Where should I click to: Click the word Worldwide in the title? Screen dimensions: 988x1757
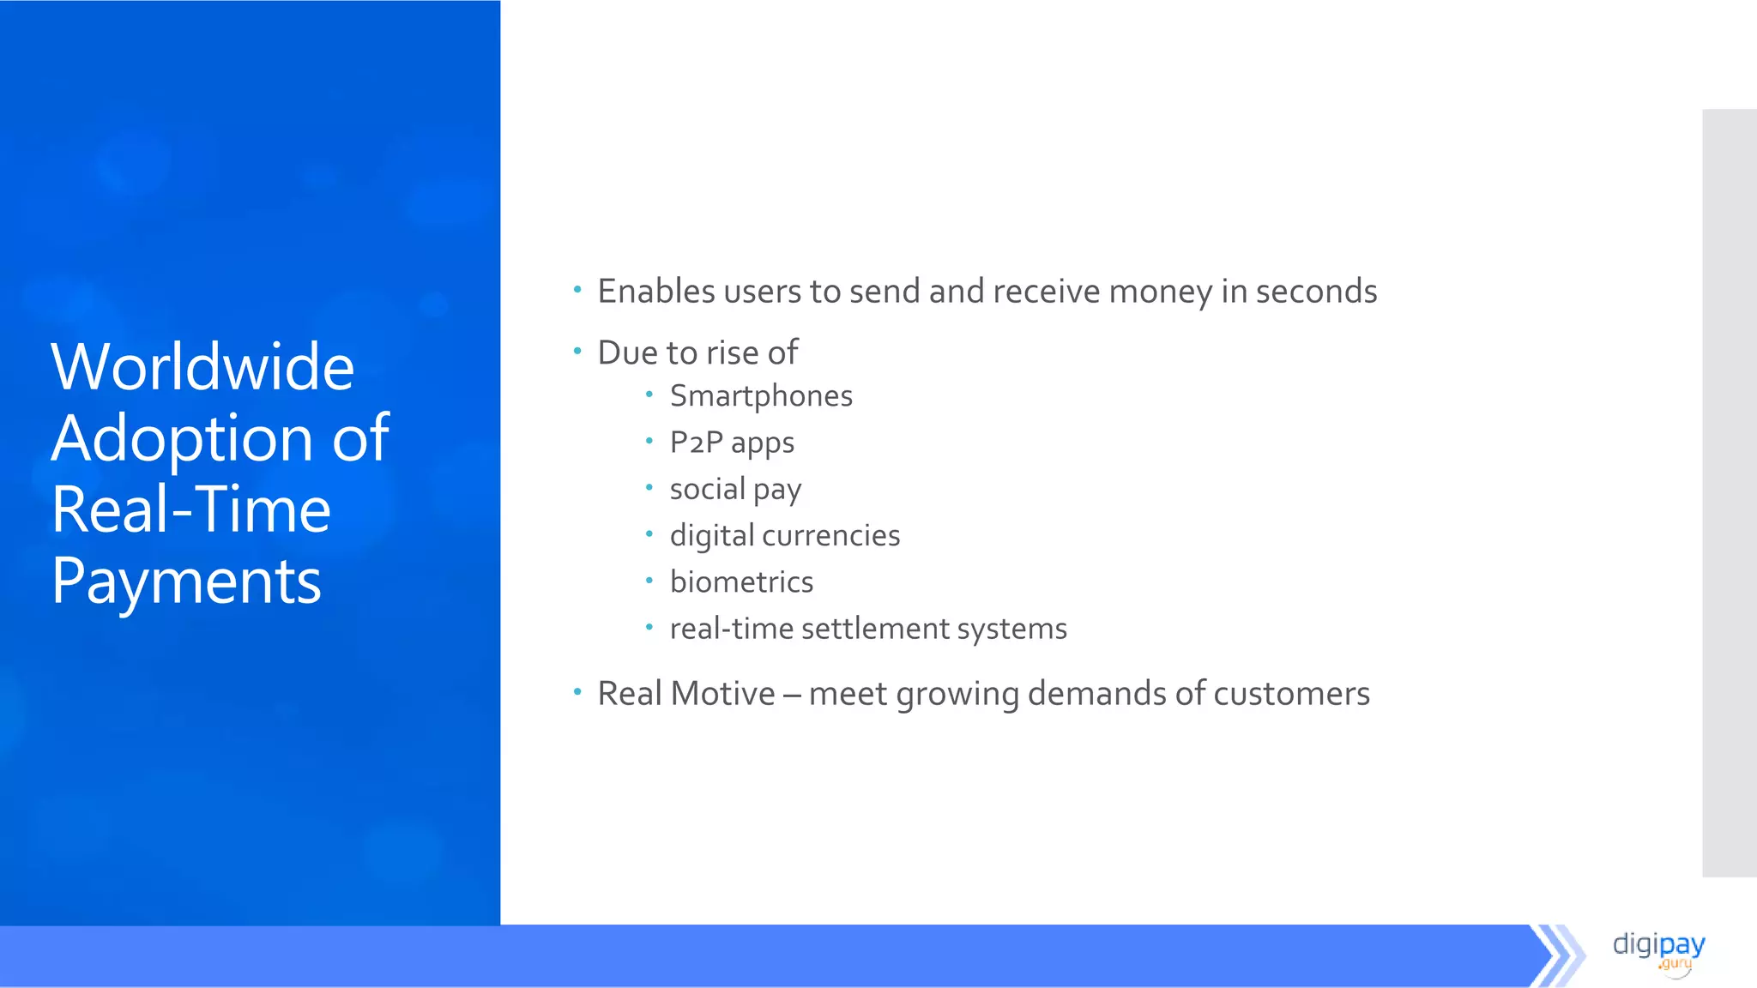click(202, 367)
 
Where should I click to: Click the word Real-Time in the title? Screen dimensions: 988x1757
click(190, 509)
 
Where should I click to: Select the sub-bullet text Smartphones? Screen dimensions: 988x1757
click(761, 396)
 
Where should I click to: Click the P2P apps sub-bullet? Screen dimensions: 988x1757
click(732, 443)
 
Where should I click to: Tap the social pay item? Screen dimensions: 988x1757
click(735, 490)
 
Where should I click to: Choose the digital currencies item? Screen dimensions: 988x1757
click(784, 536)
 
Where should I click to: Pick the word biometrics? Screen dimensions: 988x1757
click(741, 582)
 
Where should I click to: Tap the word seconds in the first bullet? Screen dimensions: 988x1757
click(1316, 292)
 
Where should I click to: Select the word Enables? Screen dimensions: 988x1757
click(656, 292)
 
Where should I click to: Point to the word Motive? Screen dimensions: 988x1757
click(723, 694)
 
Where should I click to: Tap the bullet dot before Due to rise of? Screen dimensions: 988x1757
click(577, 350)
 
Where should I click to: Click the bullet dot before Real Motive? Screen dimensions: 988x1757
click(577, 690)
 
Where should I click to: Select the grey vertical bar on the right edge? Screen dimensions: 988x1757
click(1729, 493)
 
